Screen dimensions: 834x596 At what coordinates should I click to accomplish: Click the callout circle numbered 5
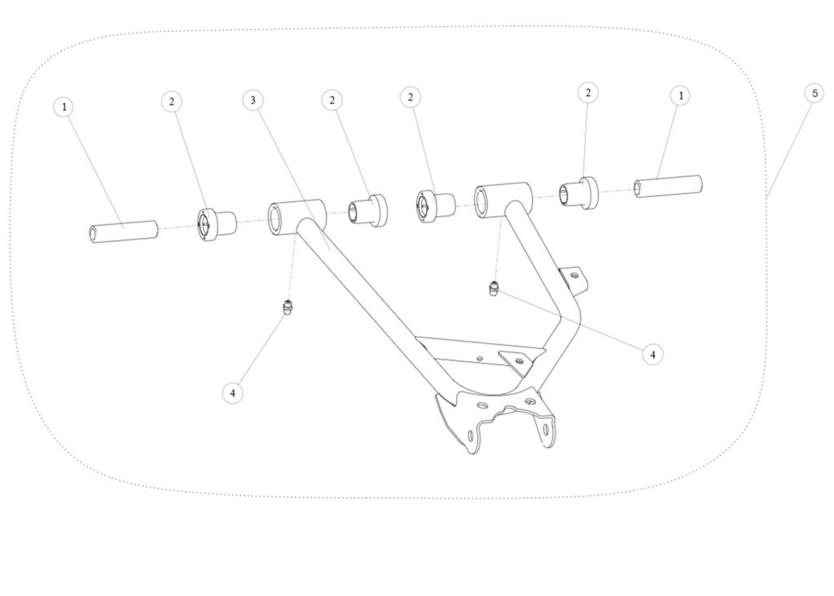click(814, 94)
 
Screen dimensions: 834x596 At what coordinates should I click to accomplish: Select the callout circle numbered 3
click(252, 100)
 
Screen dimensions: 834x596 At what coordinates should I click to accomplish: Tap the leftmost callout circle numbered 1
click(64, 107)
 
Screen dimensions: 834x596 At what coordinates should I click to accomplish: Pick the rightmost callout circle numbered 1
click(680, 96)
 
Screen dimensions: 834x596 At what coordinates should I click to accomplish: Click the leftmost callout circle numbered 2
click(171, 102)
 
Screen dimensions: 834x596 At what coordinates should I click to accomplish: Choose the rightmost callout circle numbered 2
click(588, 93)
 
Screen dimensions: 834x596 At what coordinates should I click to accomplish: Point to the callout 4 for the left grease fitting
click(232, 393)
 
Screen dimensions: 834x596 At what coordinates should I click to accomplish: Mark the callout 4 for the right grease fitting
click(652, 354)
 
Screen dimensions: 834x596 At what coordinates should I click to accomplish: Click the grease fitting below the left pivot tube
click(288, 308)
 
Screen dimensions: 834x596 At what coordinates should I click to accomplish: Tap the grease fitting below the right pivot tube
click(494, 288)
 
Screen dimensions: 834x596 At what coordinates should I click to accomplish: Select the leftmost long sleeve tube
click(124, 232)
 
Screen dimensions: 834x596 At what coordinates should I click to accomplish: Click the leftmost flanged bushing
click(217, 226)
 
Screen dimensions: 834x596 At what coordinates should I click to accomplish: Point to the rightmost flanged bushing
click(578, 193)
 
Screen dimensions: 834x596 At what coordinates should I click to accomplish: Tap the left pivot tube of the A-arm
click(296, 218)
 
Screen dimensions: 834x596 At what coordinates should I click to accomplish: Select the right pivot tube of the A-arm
click(503, 201)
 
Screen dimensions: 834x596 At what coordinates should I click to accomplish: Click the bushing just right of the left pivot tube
click(368, 211)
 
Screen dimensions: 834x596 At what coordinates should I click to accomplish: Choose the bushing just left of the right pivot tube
click(435, 205)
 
